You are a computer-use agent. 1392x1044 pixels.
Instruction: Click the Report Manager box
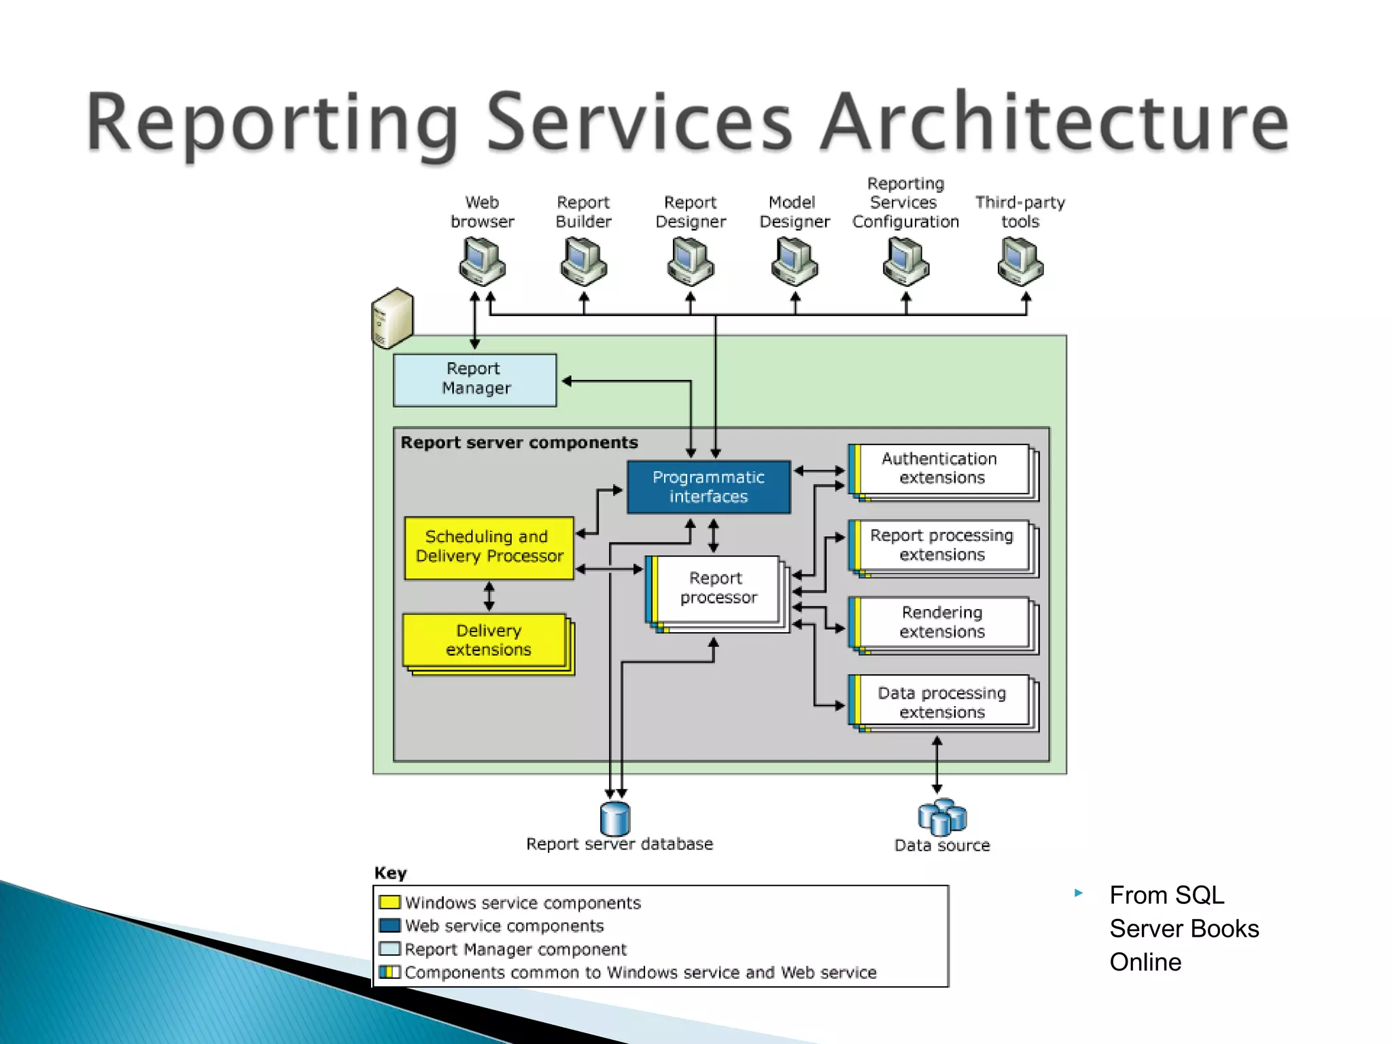coord(474,380)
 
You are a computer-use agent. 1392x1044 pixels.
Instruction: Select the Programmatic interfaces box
coord(708,487)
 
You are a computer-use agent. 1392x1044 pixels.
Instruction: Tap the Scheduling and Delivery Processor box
coord(489,547)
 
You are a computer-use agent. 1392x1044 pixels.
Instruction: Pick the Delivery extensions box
coord(486,640)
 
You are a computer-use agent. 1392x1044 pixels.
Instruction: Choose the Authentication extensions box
coord(941,469)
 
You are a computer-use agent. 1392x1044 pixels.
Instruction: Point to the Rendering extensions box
coord(941,623)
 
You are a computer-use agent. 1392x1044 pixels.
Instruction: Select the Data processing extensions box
coord(941,702)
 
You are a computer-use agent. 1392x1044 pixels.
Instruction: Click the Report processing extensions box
coord(941,546)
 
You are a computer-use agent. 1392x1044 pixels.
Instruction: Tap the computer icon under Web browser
coord(482,262)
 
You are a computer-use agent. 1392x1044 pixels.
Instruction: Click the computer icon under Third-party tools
coord(1020,262)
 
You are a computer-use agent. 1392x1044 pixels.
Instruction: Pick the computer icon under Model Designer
coord(795,262)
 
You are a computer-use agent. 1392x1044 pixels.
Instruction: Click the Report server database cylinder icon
coord(615,818)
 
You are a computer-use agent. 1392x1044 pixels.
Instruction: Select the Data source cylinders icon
coord(942,817)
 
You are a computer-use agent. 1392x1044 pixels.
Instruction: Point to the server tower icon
coord(392,318)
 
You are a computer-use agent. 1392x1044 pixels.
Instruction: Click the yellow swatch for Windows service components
coord(389,902)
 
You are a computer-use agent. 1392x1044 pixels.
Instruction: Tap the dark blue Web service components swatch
coord(389,925)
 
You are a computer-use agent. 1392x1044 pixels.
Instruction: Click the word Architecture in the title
coord(1054,122)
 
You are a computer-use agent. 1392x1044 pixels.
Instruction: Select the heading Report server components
coord(519,442)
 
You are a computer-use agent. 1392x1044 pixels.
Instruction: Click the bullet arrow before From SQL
coord(1078,893)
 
